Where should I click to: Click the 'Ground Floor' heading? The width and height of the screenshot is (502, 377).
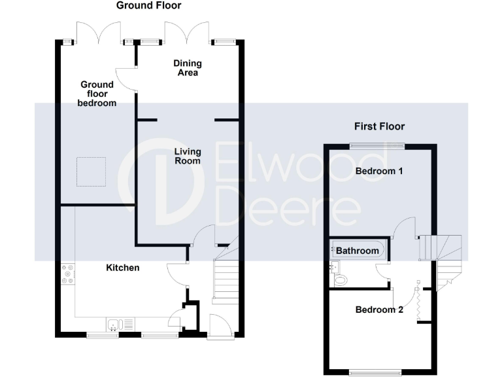click(148, 6)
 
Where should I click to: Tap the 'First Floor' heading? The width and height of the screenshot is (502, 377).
click(379, 126)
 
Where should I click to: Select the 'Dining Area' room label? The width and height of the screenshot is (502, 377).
click(187, 68)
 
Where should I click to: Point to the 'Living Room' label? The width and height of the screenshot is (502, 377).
click(187, 156)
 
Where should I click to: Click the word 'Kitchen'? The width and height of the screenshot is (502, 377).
click(123, 268)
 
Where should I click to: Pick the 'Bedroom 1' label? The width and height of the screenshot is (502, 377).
click(379, 171)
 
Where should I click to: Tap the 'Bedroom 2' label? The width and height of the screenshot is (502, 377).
click(379, 310)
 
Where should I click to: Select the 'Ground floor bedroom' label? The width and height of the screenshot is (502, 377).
click(97, 94)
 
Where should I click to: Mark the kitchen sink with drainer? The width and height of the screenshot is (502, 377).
click(120, 323)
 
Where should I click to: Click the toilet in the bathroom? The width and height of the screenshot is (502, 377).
click(339, 280)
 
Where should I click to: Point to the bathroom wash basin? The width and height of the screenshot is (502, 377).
click(335, 266)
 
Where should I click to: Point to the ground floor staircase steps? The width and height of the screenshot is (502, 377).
click(226, 279)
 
